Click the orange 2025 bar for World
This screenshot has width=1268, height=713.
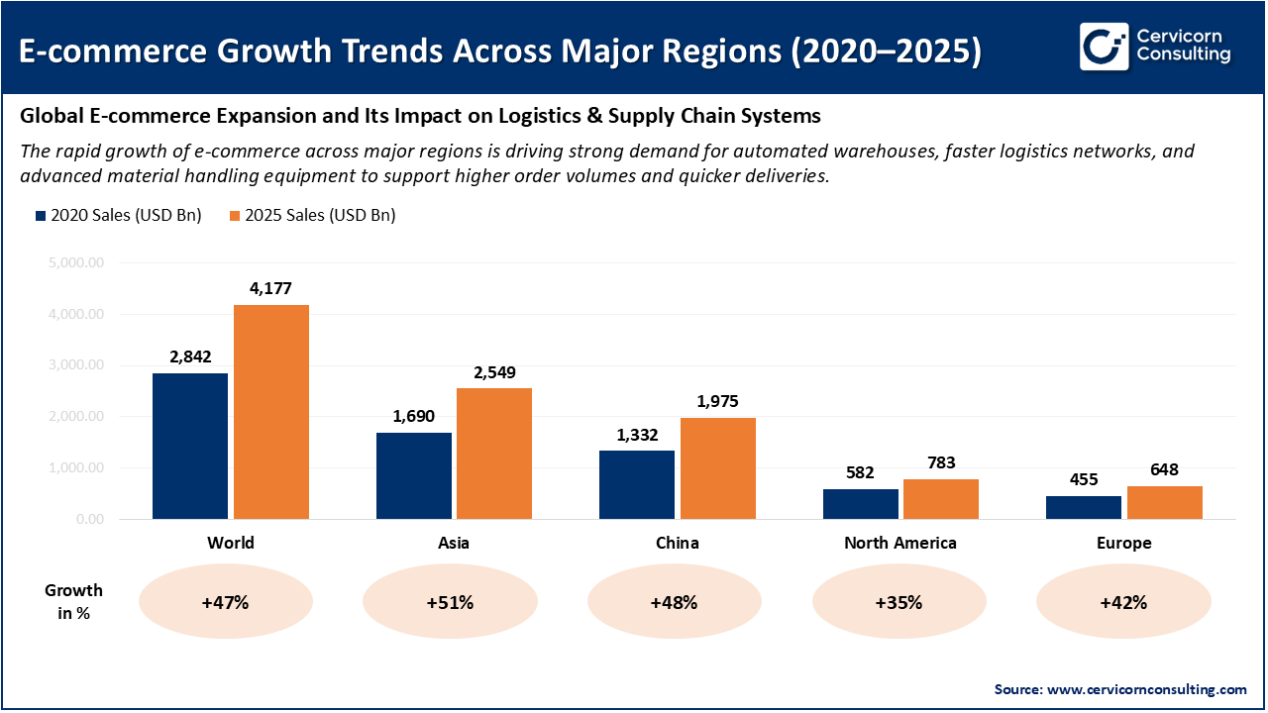pos(270,411)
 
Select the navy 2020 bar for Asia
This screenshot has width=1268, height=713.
pos(413,475)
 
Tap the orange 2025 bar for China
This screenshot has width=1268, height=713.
pos(718,468)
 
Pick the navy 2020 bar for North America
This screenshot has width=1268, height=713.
pos(860,504)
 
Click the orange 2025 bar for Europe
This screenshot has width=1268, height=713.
pos(1164,502)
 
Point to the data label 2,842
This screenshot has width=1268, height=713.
pos(190,357)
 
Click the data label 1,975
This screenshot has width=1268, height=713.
pos(717,402)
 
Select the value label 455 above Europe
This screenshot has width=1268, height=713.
pos(1084,479)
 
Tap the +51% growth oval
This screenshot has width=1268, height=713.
pos(451,602)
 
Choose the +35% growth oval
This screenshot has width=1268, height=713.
pos(899,602)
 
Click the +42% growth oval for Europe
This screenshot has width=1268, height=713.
pos(1123,602)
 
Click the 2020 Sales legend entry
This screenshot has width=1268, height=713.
pos(118,215)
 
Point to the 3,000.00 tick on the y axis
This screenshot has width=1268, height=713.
pos(75,365)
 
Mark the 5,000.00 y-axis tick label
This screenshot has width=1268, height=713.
pos(75,263)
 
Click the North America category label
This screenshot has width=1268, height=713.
pos(899,543)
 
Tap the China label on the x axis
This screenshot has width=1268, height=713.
pos(677,543)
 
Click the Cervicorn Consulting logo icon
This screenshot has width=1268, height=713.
pos(1104,46)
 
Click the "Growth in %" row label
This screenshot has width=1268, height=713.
pos(73,601)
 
